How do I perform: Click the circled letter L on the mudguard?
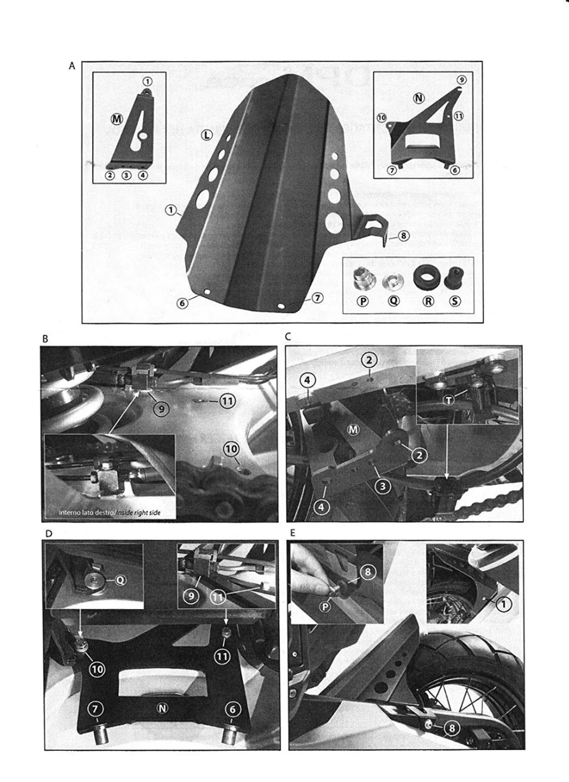[207, 135]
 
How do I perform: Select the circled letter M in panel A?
[117, 118]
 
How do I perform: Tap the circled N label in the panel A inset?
[419, 98]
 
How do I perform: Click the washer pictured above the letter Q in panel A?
[392, 281]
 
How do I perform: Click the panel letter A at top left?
[72, 66]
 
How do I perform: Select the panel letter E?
[292, 533]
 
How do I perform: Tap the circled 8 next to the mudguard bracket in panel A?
[403, 236]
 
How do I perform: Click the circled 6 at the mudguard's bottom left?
[183, 303]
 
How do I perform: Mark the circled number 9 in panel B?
[161, 408]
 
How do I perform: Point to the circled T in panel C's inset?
[450, 401]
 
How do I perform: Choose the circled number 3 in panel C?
[383, 486]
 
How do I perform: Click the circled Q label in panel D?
[121, 580]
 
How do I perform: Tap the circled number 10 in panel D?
[97, 669]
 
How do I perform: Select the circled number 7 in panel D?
[95, 709]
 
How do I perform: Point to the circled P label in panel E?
[325, 607]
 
